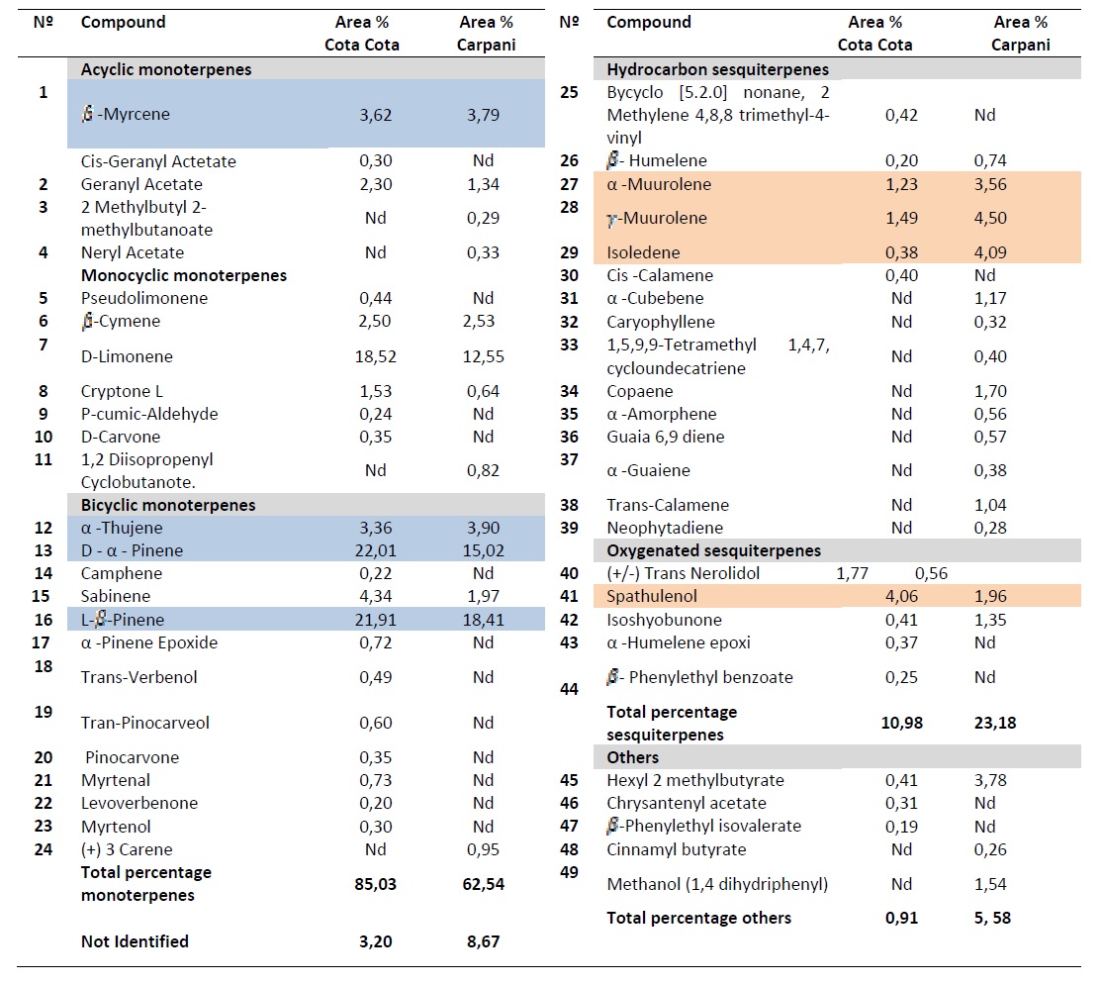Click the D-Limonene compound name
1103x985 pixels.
(127, 356)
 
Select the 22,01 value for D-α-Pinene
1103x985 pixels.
(375, 550)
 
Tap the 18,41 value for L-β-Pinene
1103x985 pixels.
(482, 620)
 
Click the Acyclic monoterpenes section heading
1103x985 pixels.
(166, 69)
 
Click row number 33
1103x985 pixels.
(569, 345)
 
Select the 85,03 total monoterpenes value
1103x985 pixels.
(375, 884)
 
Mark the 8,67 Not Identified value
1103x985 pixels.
(482, 941)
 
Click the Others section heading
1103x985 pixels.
(633, 757)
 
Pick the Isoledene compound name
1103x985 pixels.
(643, 252)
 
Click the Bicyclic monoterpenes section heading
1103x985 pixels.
(168, 505)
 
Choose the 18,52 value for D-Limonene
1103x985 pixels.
(375, 356)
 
